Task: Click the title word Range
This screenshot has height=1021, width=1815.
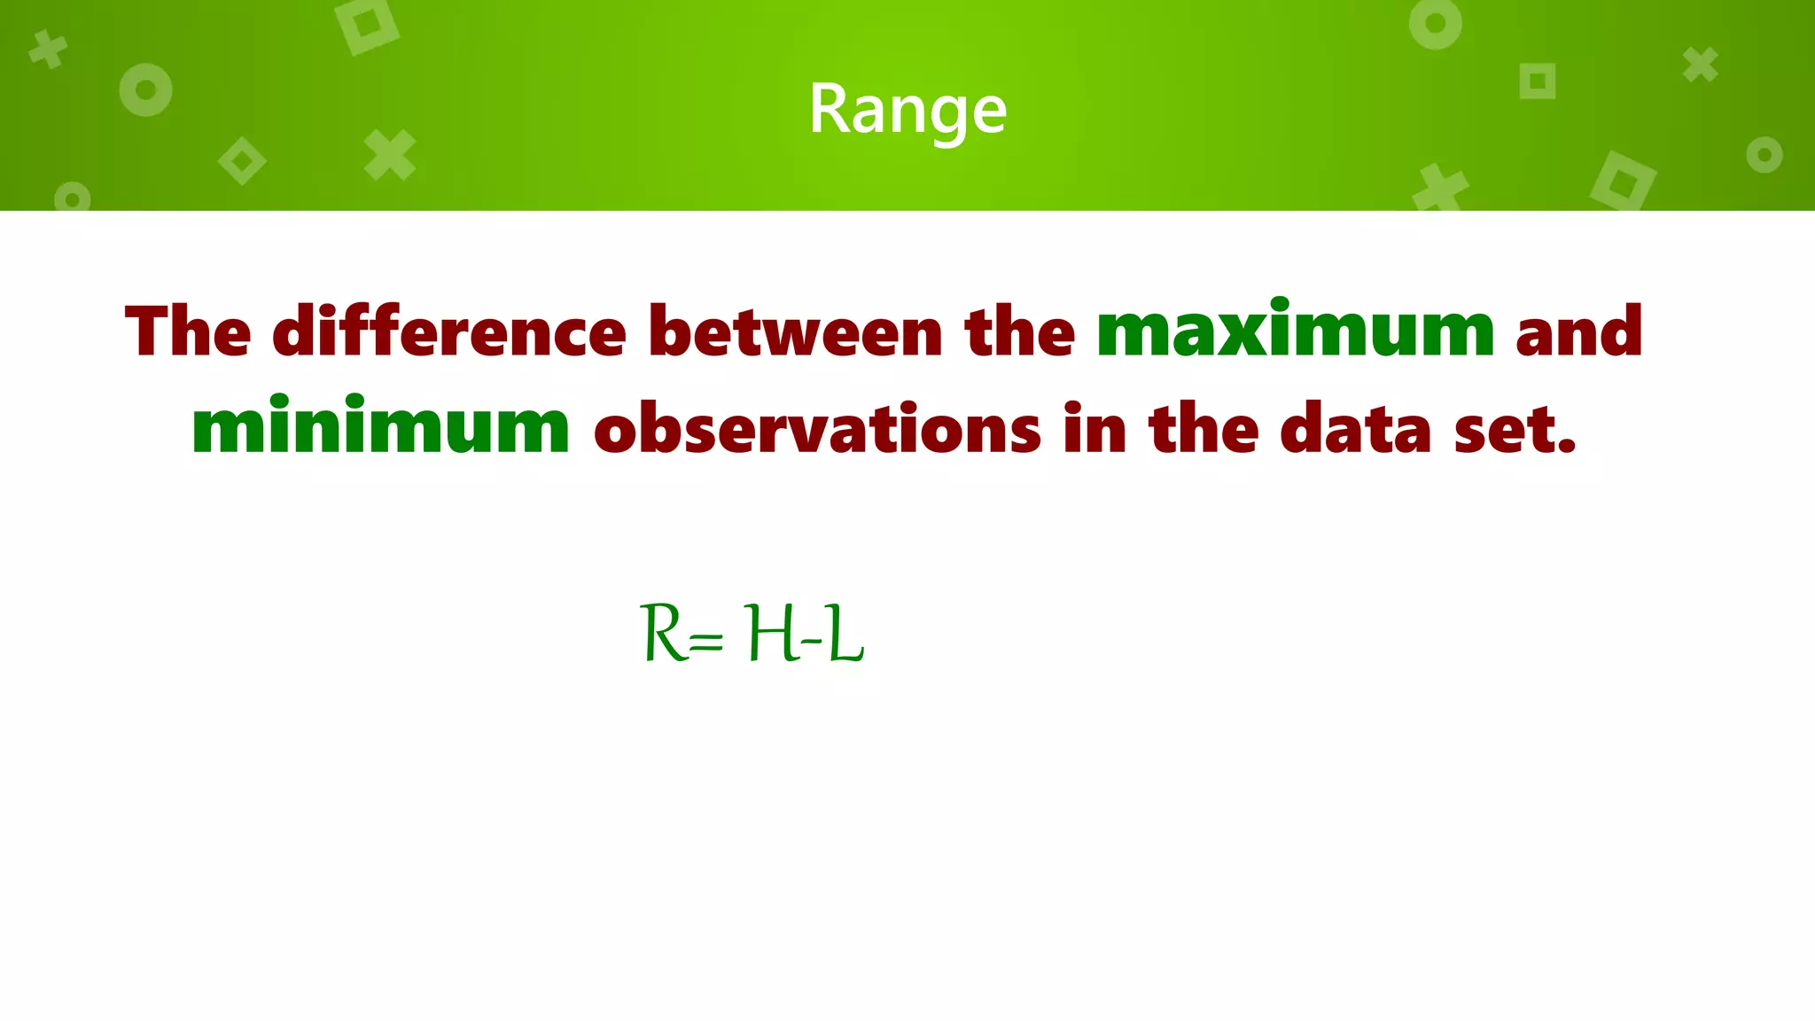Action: [907, 110]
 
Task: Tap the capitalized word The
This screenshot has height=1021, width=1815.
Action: [188, 331]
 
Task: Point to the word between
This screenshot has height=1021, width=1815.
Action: [795, 331]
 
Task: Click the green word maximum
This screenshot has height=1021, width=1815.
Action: [1295, 331]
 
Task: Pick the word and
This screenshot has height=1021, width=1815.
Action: [1578, 331]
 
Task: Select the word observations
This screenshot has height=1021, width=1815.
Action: [817, 428]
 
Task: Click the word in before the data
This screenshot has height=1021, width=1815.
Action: [1094, 428]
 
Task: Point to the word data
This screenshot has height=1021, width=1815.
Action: [1356, 428]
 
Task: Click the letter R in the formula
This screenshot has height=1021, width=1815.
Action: [662, 633]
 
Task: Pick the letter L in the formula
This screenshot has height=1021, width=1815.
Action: [845, 633]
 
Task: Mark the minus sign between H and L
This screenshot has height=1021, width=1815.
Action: [811, 640]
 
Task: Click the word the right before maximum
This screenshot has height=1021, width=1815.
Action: [1019, 331]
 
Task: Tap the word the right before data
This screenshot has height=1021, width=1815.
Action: [1204, 428]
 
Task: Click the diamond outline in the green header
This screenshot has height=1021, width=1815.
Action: [242, 161]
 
